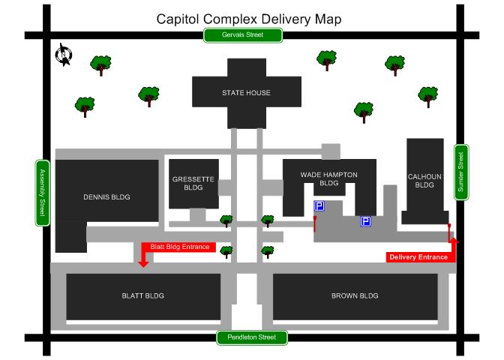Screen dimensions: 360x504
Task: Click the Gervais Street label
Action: pos(244,34)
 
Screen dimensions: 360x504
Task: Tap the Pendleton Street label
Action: pos(252,337)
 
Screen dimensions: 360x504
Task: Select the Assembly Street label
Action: pos(42,192)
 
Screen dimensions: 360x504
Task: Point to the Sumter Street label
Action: pos(461,172)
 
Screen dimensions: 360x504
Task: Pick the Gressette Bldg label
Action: pos(193,183)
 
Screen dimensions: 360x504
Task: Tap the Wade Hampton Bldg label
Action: pos(328,178)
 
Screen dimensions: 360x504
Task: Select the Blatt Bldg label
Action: pos(142,295)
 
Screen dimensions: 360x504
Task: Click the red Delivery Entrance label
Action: pos(418,257)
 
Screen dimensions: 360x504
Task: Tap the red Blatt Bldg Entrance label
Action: pos(179,246)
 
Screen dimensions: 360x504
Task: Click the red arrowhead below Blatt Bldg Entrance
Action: pos(143,262)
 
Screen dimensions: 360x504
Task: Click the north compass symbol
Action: pos(64,55)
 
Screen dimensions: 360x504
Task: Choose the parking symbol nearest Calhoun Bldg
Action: pos(366,221)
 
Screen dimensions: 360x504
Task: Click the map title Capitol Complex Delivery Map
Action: pos(248,19)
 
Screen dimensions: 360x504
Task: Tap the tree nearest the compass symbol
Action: pos(100,64)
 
